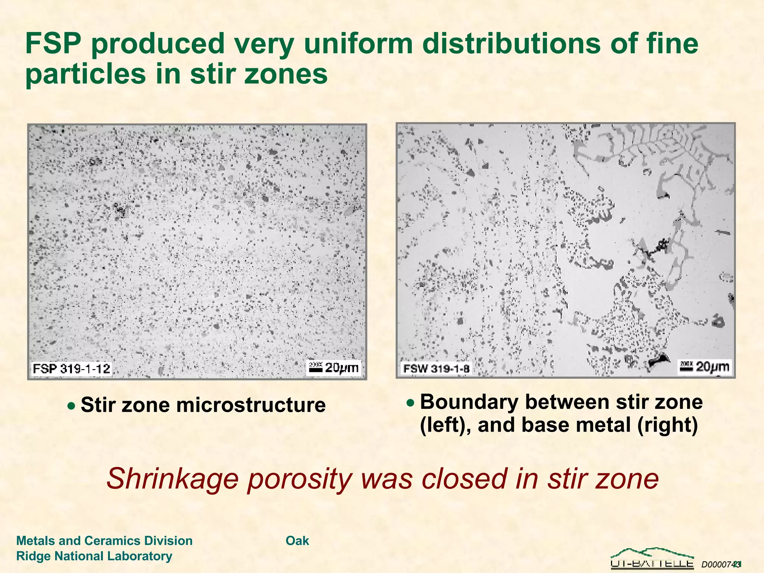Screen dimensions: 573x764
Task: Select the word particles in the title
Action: (x=85, y=73)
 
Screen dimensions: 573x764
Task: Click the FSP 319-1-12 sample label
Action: (x=71, y=369)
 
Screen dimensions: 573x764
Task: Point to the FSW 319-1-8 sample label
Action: (x=436, y=369)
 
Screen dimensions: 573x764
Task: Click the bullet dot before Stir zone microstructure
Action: (x=71, y=406)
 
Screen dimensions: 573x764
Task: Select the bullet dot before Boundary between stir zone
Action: (x=410, y=403)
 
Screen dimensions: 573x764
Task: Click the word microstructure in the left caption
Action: (x=251, y=405)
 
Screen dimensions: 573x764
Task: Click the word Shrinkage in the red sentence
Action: (x=172, y=479)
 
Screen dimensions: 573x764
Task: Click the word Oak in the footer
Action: (x=297, y=541)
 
